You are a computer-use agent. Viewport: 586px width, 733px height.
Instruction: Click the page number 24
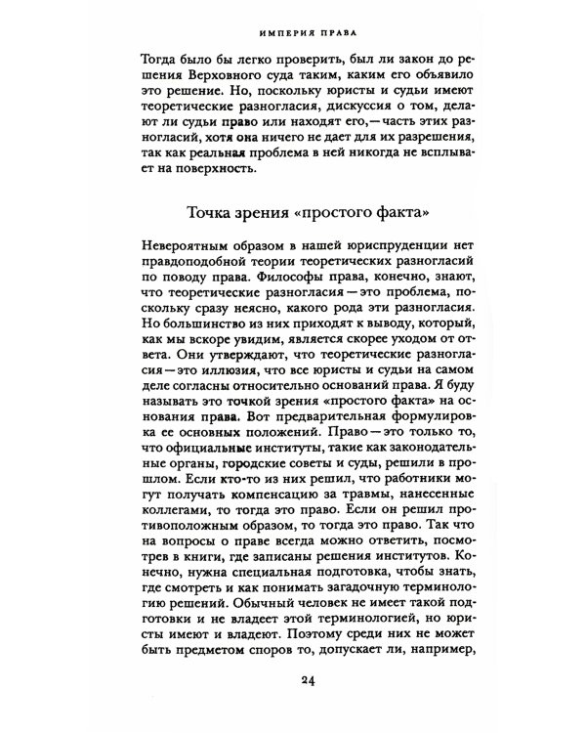click(x=292, y=681)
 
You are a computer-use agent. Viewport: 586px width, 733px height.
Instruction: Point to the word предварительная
click(x=347, y=431)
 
